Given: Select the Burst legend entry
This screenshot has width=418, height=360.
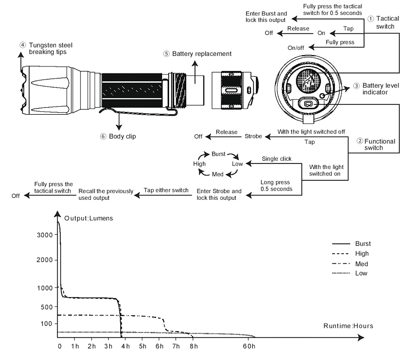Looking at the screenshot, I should click(363, 243).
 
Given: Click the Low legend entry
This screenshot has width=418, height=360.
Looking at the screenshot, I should click(361, 273).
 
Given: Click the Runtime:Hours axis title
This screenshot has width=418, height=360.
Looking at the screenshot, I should click(348, 326).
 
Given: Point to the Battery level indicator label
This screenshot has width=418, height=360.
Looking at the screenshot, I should click(380, 89).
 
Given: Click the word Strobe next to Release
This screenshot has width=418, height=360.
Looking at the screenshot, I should click(254, 136).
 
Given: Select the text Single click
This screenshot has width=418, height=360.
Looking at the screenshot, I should click(277, 159).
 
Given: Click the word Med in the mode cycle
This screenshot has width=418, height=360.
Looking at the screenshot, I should click(218, 174).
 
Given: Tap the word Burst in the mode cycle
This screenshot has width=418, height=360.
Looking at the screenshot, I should click(218, 153).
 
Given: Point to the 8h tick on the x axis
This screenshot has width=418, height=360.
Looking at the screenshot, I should click(194, 347).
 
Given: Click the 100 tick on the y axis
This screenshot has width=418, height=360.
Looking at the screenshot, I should click(46, 323).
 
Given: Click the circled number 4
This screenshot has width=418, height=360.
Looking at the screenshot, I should click(22, 45).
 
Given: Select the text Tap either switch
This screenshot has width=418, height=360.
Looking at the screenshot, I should click(166, 190).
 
